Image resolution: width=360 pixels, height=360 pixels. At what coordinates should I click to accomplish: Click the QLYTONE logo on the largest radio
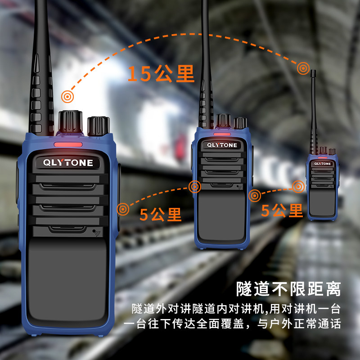point(68,162)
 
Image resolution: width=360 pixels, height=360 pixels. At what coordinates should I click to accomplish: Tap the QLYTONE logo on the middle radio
point(221,145)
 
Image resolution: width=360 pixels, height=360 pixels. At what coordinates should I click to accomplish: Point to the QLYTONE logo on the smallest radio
point(322,163)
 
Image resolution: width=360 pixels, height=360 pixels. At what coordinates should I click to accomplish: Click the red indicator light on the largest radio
point(68,145)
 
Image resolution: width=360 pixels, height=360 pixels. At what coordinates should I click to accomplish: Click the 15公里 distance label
point(161,74)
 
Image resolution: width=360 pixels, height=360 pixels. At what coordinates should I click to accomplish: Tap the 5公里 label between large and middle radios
point(160,214)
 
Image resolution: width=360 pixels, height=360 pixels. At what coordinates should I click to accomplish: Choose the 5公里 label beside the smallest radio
point(282,210)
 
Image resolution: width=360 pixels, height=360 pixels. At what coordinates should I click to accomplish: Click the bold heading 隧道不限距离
point(288,288)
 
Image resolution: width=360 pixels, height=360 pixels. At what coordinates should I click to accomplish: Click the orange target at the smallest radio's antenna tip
point(303,68)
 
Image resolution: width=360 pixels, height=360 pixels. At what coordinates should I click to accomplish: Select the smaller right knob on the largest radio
point(98,126)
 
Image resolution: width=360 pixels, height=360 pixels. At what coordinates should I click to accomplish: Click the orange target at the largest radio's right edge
point(123,208)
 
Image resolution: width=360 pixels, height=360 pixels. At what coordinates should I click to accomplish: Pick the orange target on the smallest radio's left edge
point(298,186)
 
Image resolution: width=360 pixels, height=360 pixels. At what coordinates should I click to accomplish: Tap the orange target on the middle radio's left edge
point(195,187)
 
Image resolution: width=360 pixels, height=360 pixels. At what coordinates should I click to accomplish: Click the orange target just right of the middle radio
point(255,195)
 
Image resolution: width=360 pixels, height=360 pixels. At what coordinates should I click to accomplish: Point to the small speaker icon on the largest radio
point(97,233)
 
